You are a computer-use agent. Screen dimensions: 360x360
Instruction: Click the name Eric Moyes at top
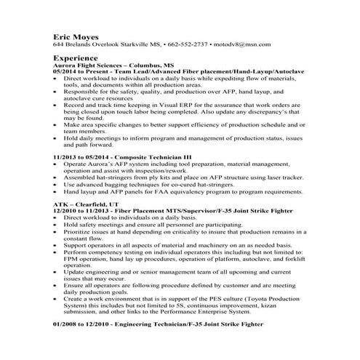point(77,35)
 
